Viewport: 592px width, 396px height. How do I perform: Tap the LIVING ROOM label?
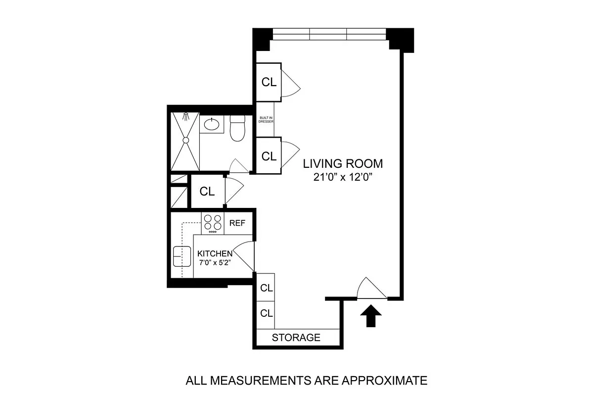pos(343,164)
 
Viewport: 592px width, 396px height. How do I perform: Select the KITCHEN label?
pos(215,253)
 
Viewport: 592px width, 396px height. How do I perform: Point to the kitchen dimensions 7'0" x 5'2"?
pos(215,263)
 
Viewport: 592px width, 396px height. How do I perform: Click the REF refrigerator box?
pos(237,223)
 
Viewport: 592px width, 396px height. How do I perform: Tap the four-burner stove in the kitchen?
pos(213,223)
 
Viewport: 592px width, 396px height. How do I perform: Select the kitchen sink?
pos(182,256)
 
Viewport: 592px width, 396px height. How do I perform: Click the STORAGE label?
pos(296,338)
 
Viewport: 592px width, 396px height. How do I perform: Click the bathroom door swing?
pos(238,167)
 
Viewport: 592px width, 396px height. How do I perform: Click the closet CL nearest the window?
pos(269,82)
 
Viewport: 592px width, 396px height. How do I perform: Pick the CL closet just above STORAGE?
pos(267,313)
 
